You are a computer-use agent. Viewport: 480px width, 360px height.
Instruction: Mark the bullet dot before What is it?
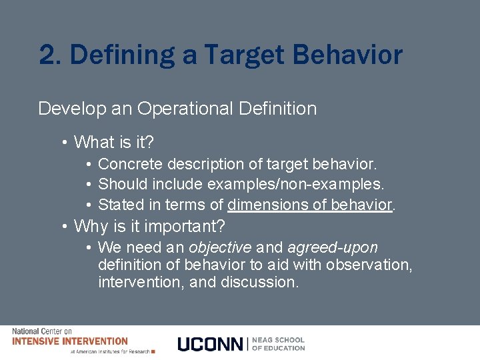(64, 143)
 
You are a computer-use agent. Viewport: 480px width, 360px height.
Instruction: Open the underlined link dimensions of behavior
(309, 204)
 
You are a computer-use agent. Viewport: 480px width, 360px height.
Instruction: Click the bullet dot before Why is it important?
(64, 227)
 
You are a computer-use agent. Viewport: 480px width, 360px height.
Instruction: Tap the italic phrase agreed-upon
(332, 248)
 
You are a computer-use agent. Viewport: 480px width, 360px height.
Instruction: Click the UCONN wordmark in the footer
(210, 344)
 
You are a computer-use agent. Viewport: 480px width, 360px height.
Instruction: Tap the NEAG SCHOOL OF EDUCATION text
(279, 344)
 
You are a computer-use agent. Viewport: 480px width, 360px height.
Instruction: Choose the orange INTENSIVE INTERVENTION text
(70, 341)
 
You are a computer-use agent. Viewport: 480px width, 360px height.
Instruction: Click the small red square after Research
(153, 351)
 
